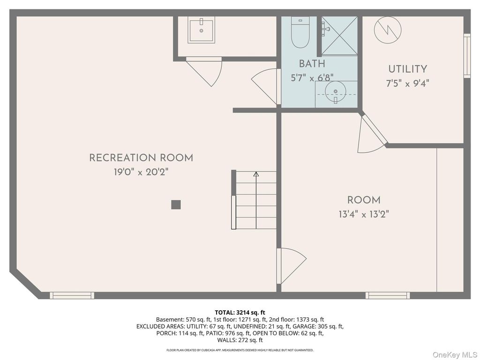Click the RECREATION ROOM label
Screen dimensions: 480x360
coord(141,158)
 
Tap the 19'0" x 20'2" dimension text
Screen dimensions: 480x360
coord(141,172)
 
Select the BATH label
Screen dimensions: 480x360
coord(312,64)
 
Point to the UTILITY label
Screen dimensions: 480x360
coord(407,69)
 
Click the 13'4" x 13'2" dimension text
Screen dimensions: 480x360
coord(364,214)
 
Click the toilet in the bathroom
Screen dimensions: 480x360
coord(300,32)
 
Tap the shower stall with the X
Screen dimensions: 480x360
coord(339,36)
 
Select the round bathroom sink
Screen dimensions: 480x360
coord(336,91)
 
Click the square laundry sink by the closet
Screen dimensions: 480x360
coord(201,30)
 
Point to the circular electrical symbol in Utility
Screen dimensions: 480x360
coord(388,30)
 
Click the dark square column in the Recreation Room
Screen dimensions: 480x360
coord(176,204)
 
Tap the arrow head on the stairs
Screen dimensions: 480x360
coord(256,174)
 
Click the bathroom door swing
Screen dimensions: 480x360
coord(266,86)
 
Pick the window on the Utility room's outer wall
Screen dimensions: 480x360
coord(467,55)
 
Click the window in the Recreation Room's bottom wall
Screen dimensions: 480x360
coord(72,295)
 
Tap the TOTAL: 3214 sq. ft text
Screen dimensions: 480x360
coord(240,313)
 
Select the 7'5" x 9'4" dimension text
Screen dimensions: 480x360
coord(407,83)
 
